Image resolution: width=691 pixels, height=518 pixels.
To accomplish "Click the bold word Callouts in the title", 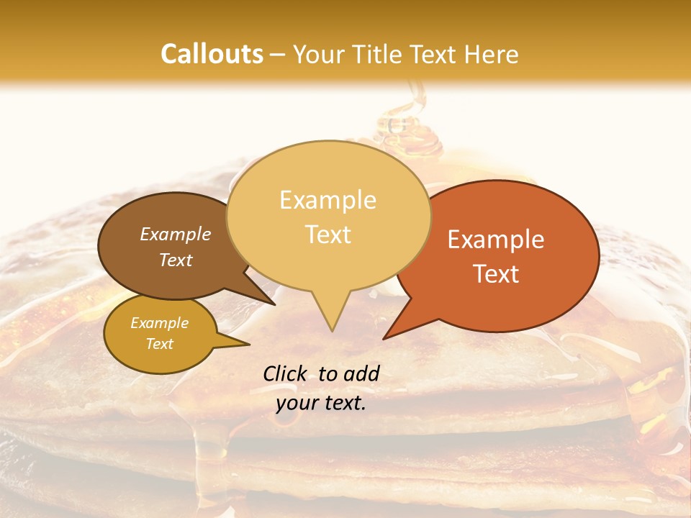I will pos(212,54).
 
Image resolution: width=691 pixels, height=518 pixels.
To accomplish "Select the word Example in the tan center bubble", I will pos(328,200).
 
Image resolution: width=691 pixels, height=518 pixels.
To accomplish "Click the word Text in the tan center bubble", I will pos(328,235).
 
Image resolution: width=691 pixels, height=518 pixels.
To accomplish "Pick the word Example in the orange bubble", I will pos(496,240).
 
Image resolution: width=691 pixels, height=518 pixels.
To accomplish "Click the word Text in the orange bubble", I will pos(496,274).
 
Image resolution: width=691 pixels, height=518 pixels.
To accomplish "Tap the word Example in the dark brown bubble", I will pos(175,234).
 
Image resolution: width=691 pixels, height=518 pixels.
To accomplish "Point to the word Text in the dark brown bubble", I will pos(175,260).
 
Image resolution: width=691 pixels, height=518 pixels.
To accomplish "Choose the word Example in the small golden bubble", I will pos(159,323).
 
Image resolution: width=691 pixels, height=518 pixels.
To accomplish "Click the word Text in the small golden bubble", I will pos(159,344).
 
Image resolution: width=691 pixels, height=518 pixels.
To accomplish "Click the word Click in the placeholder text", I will pos(286,373).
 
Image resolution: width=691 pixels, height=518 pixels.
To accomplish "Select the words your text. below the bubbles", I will pos(320,404).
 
